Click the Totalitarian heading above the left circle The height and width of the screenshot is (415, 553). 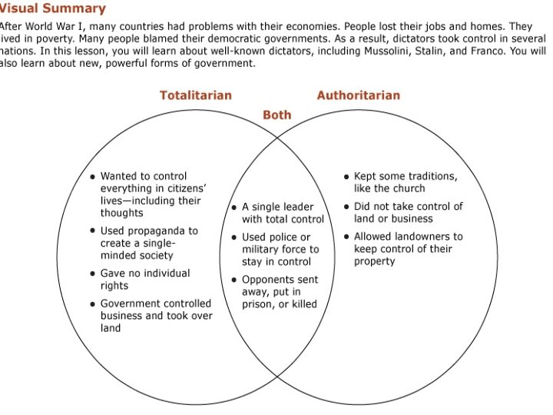click(195, 95)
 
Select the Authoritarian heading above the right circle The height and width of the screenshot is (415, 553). click(358, 95)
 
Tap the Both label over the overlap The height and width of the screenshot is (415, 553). click(277, 115)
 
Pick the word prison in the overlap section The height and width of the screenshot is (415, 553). click(257, 304)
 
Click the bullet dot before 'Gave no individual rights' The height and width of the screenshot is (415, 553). click(92, 274)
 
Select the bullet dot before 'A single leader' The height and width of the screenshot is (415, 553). click(234, 207)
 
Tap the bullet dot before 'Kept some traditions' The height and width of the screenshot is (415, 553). click(346, 177)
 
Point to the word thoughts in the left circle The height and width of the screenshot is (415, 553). click(121, 213)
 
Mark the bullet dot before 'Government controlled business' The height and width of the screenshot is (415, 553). click(92, 304)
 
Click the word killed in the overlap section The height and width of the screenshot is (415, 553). click(300, 304)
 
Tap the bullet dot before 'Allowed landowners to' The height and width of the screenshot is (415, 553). click(346, 237)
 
